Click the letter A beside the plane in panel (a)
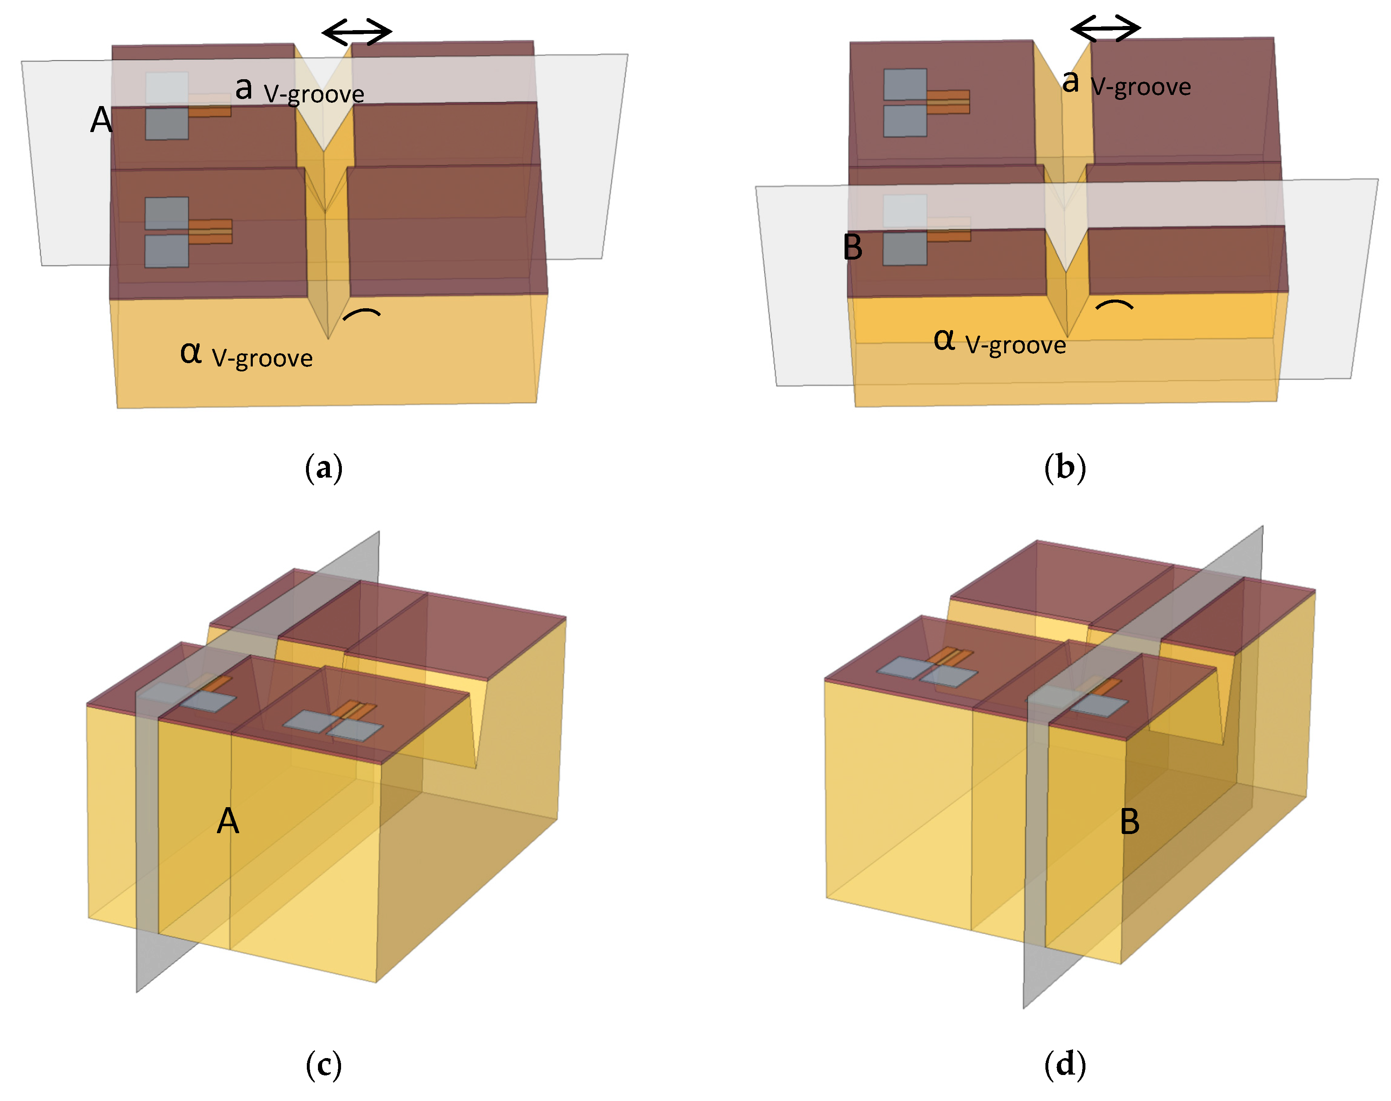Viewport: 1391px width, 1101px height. click(101, 120)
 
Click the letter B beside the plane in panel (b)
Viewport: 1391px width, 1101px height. click(852, 248)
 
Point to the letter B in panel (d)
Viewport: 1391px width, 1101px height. click(1130, 822)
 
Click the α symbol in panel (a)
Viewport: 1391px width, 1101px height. click(191, 352)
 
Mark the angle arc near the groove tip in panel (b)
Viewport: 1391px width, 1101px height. click(1114, 304)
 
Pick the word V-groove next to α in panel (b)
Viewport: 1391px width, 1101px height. click(1015, 345)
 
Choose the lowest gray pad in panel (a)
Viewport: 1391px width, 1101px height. click(166, 251)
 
